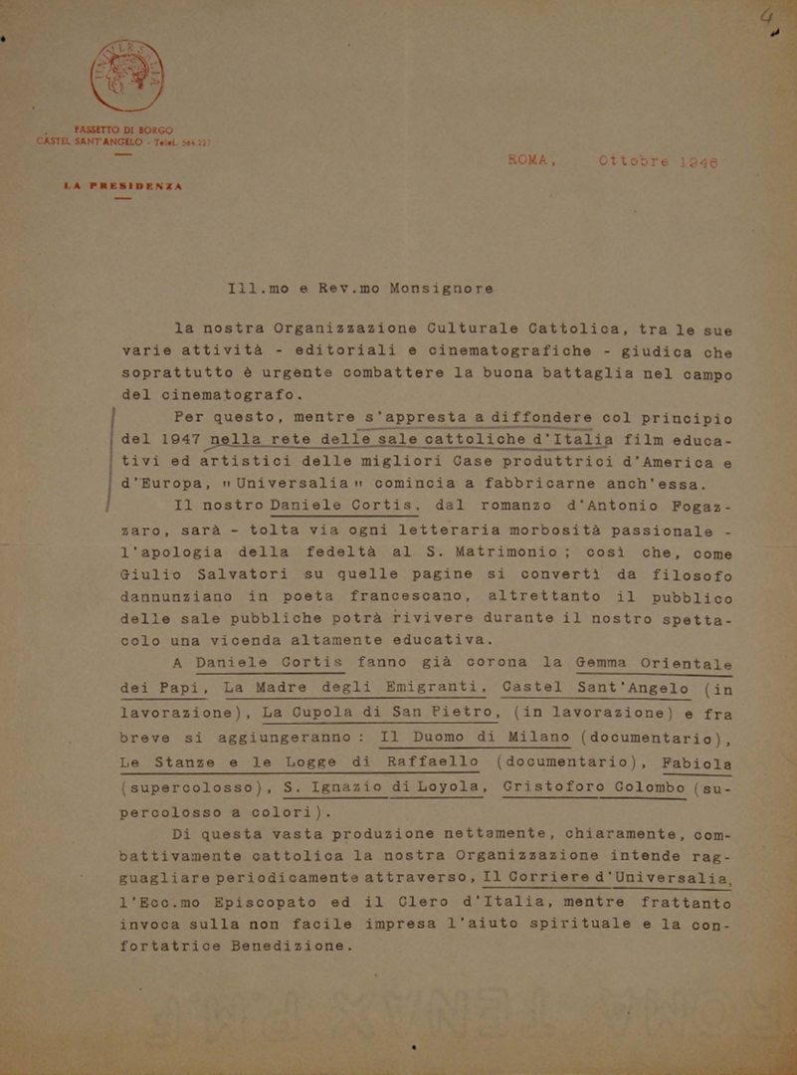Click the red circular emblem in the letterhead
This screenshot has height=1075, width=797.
(127, 75)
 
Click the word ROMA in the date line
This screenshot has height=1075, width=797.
(530, 159)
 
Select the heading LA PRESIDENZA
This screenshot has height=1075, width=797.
(125, 186)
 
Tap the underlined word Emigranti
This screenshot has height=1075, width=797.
(423, 687)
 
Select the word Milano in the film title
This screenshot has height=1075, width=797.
(528, 737)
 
